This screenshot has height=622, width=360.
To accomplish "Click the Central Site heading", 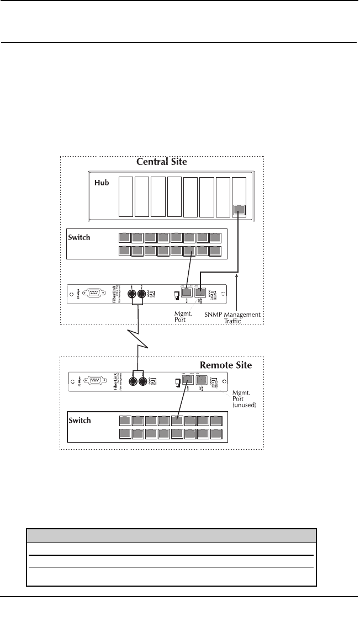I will click(161, 162).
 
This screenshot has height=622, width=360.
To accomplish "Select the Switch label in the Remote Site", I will click(80, 420).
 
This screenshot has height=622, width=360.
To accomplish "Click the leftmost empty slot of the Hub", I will click(126, 197).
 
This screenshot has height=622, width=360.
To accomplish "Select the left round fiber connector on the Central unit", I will click(133, 294).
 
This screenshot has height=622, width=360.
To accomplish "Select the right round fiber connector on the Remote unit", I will click(143, 381).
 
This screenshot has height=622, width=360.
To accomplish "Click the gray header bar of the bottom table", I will click(171, 535).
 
